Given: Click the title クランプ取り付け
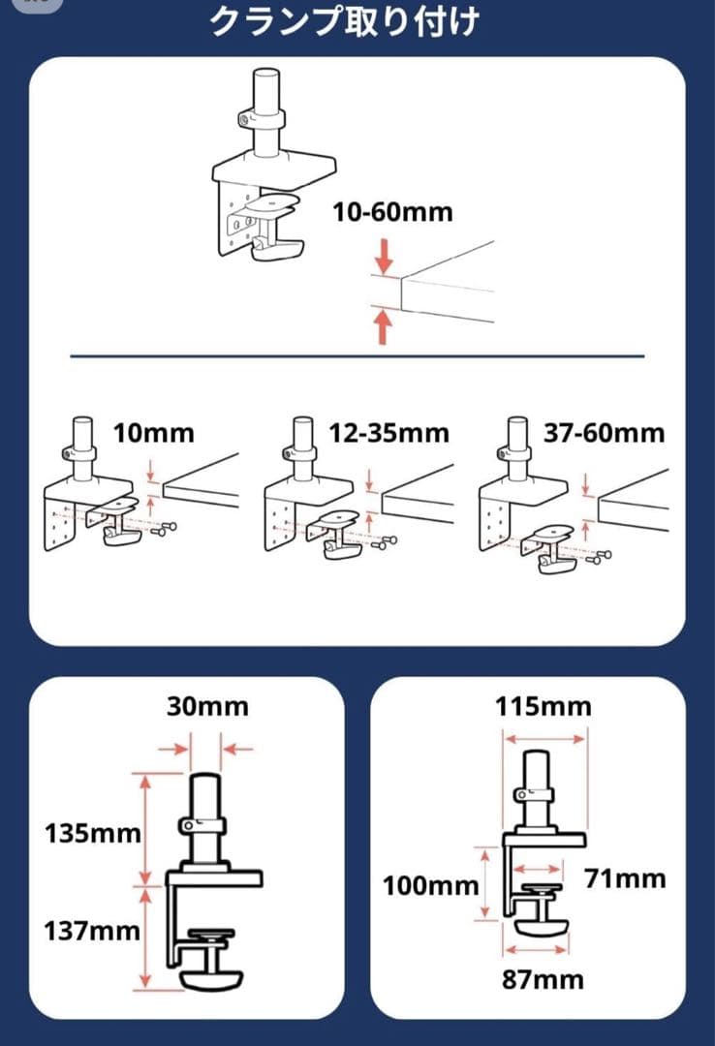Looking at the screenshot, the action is click(345, 20).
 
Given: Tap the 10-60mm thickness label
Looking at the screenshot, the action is click(392, 212).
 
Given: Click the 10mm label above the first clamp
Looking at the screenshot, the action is click(153, 433).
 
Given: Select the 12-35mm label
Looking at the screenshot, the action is click(389, 433).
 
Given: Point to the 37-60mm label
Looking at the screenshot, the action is click(605, 433).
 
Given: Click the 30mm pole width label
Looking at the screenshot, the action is click(207, 706).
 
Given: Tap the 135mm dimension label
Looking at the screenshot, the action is click(93, 833).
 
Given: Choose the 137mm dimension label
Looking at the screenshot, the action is click(92, 931).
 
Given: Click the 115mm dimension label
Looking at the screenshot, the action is click(543, 706).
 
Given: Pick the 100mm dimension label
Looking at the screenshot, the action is click(430, 886).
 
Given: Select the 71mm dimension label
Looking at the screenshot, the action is click(626, 878).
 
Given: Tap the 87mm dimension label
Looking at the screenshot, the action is click(543, 979).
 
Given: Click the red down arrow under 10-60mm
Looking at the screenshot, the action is click(384, 259).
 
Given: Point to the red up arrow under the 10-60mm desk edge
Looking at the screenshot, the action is click(383, 324).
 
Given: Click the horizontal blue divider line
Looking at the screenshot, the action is click(357, 356).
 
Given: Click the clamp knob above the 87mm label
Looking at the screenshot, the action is click(543, 925).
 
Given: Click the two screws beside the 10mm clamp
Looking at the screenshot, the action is click(164, 529).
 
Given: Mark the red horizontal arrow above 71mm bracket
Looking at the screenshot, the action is click(538, 869).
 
